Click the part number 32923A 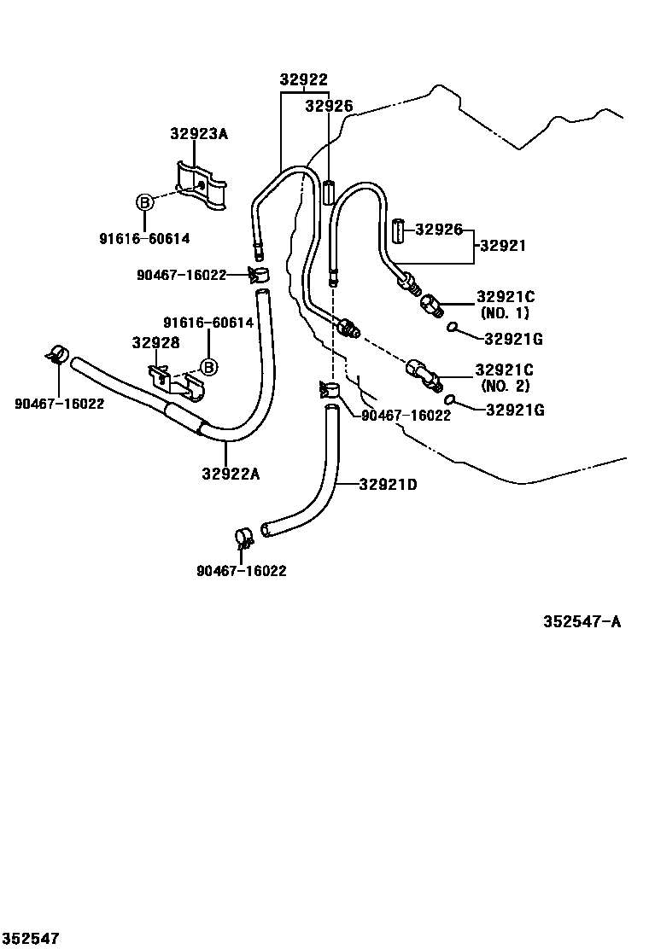coord(199,133)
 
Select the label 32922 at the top coord(304,79)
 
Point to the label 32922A coord(231,474)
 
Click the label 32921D coord(388,485)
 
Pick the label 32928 coord(155,342)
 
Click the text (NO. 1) coord(505,313)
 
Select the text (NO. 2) coord(505,386)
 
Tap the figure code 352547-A coord(582,621)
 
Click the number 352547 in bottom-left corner coord(30,939)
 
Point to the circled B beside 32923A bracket coord(144,202)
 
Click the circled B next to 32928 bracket coord(208,367)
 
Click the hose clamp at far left coord(58,354)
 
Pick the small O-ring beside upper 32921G coord(453,329)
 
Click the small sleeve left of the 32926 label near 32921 coord(397,230)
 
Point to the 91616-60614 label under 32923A coord(144,239)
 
